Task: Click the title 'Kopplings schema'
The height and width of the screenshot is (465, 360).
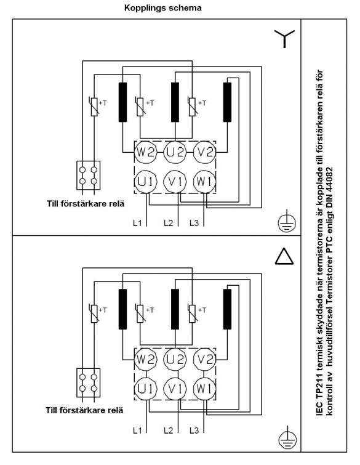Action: coord(162,8)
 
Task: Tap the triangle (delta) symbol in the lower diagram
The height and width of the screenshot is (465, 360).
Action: coord(284,256)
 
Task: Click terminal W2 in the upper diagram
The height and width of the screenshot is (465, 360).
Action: coord(145,152)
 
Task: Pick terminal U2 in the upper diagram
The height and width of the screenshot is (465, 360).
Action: coord(175,152)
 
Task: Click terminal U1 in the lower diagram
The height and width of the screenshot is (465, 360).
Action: coord(145,389)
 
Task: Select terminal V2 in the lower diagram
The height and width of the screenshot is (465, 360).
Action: coord(204,360)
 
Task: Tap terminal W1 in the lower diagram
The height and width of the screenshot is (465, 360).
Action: coord(204,389)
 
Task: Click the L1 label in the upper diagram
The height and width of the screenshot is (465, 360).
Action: coord(137,223)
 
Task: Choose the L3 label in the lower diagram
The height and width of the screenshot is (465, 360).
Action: coord(194,430)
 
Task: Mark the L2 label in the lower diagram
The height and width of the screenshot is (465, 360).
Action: coord(168,430)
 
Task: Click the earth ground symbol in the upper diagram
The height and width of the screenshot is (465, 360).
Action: coord(287,221)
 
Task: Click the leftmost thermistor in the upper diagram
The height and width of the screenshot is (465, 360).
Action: coord(94,107)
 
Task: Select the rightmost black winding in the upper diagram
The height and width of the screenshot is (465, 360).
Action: coord(227,102)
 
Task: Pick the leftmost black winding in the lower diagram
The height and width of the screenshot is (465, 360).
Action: coord(122,309)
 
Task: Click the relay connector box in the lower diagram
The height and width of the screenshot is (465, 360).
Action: coord(88,382)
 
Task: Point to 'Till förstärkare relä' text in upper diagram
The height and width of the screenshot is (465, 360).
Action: coord(86,204)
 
